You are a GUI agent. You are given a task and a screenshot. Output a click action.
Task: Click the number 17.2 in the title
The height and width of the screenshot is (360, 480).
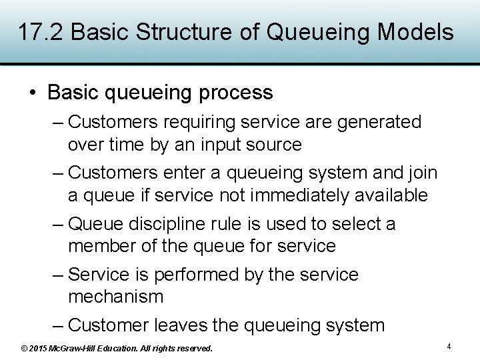[x=41, y=32]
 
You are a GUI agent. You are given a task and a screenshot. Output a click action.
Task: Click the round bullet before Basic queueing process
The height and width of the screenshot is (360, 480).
[x=33, y=93]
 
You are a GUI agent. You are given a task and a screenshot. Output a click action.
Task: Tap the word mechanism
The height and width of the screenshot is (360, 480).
[x=115, y=297]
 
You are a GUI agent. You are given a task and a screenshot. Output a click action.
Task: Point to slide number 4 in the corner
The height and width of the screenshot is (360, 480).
[x=449, y=347]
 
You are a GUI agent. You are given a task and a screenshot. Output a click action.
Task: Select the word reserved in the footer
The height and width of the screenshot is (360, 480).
[x=193, y=348]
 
